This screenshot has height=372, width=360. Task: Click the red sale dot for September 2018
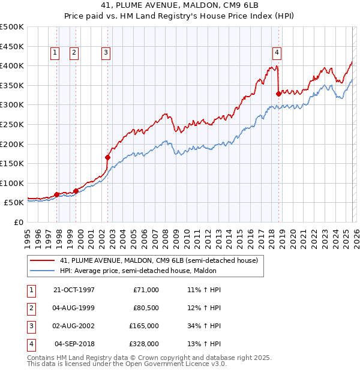click(x=278, y=94)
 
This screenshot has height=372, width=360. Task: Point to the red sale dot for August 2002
click(x=108, y=158)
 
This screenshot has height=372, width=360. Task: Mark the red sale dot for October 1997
click(x=57, y=194)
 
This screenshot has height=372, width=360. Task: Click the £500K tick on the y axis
click(x=12, y=27)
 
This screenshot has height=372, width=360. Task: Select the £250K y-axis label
click(x=12, y=124)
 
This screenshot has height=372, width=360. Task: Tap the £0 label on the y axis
click(x=19, y=222)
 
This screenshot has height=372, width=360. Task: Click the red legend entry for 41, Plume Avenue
click(x=158, y=260)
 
